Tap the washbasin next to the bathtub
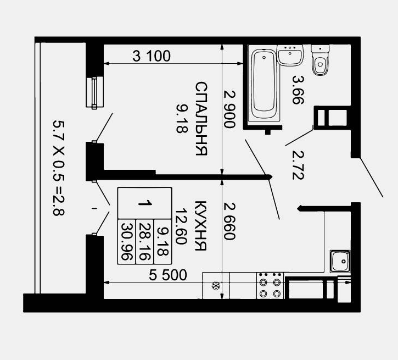(x=290, y=55)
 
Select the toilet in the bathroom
(x=320, y=60)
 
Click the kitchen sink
(x=340, y=262)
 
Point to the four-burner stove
(x=270, y=286)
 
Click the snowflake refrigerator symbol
(x=216, y=286)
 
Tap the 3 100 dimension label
(x=152, y=56)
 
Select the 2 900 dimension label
(x=229, y=109)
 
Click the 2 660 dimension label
(x=229, y=221)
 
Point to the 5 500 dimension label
(x=168, y=275)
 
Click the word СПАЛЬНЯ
(x=201, y=118)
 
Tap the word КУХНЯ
(x=201, y=225)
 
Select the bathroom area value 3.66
(x=298, y=90)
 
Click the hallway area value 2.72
(x=298, y=165)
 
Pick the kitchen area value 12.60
(x=182, y=226)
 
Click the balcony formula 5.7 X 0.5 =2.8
(x=59, y=168)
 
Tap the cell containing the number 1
(x=145, y=203)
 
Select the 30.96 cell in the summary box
(x=127, y=242)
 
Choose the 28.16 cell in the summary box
(x=145, y=242)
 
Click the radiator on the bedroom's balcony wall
(x=94, y=92)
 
